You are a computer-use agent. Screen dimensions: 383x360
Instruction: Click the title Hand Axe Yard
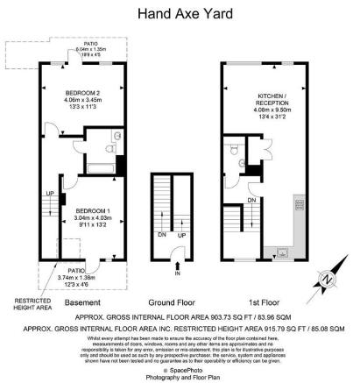click(x=180, y=13)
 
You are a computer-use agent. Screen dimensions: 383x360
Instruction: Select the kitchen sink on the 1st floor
click(x=282, y=252)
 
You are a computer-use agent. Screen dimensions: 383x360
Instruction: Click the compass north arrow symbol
click(x=327, y=280)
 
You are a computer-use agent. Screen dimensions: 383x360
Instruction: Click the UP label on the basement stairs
click(x=50, y=194)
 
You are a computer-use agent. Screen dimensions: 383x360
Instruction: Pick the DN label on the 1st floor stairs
click(x=251, y=200)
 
